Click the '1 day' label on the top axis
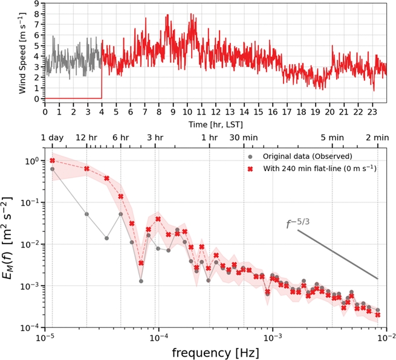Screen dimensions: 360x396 click(x=52, y=138)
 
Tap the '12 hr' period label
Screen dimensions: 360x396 click(x=86, y=138)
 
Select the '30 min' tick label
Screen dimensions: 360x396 click(x=244, y=138)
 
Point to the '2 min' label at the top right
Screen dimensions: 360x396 click(x=377, y=138)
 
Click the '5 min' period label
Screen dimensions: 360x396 click(x=332, y=138)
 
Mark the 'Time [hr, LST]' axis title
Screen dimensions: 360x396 click(x=215, y=123)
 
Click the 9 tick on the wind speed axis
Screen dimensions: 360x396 click(x=37, y=4)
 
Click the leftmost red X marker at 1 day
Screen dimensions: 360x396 click(x=53, y=161)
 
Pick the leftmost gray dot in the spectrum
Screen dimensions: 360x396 click(x=53, y=169)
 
